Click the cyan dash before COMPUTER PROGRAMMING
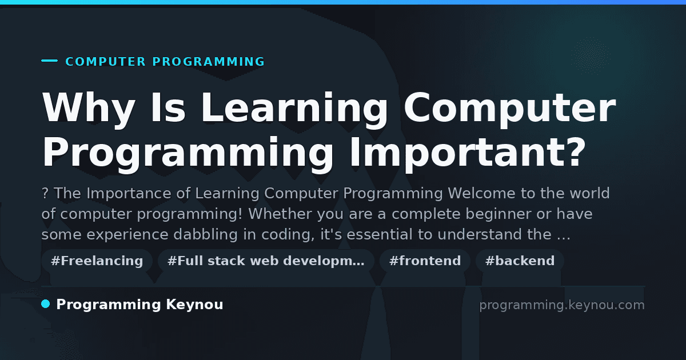click(49, 61)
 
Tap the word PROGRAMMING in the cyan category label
click(208, 62)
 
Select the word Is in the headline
click(168, 107)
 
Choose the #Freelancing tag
click(97, 261)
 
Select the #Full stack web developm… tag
click(266, 261)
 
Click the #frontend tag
click(425, 261)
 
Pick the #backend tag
click(520, 261)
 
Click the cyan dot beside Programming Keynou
click(45, 304)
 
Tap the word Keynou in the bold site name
click(194, 305)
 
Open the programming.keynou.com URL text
click(562, 305)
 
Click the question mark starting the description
click(45, 194)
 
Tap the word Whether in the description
click(280, 214)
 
